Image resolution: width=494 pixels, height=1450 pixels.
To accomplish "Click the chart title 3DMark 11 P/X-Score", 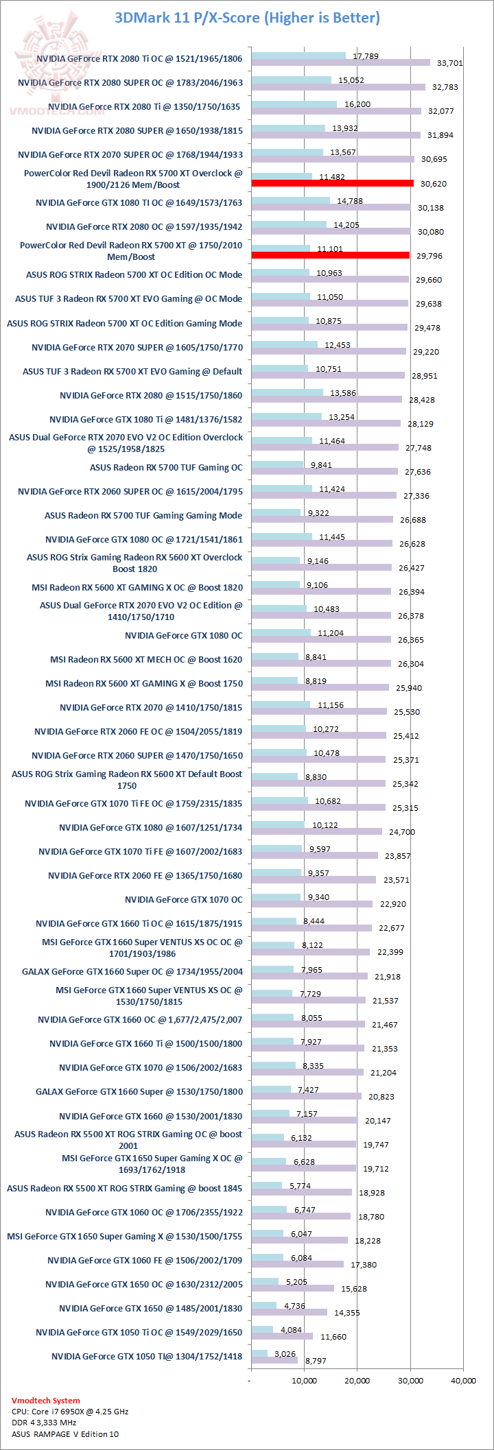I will [247, 18].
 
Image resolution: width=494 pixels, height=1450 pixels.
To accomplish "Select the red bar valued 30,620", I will [333, 183].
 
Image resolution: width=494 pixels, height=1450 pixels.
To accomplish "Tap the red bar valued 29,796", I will [331, 255].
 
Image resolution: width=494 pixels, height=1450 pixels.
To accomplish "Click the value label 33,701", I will [449, 63].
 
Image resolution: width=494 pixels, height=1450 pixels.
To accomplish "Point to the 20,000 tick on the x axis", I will [357, 1381].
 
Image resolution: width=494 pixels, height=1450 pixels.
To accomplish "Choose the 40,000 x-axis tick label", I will [463, 1381].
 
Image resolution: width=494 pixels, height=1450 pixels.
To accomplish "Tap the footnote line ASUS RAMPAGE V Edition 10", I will [65, 1434].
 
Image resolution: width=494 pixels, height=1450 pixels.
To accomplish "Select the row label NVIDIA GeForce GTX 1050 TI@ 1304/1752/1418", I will [147, 1356].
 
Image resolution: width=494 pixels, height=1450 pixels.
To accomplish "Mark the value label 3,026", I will [285, 1354].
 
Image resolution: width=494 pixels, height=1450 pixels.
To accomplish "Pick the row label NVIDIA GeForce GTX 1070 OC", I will [184, 899].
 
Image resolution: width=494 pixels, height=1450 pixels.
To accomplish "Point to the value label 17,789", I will [366, 56].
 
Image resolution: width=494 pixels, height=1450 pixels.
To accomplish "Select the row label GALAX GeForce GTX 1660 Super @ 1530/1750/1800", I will [139, 1091].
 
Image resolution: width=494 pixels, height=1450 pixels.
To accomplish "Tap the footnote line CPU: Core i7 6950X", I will [70, 1412].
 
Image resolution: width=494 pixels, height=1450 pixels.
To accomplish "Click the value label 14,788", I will [350, 201].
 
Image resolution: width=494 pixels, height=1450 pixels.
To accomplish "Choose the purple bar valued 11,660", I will [282, 1336].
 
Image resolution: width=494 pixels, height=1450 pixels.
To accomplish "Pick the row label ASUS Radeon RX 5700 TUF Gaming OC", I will [166, 467].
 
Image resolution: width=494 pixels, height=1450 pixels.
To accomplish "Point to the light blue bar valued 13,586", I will [287, 392].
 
